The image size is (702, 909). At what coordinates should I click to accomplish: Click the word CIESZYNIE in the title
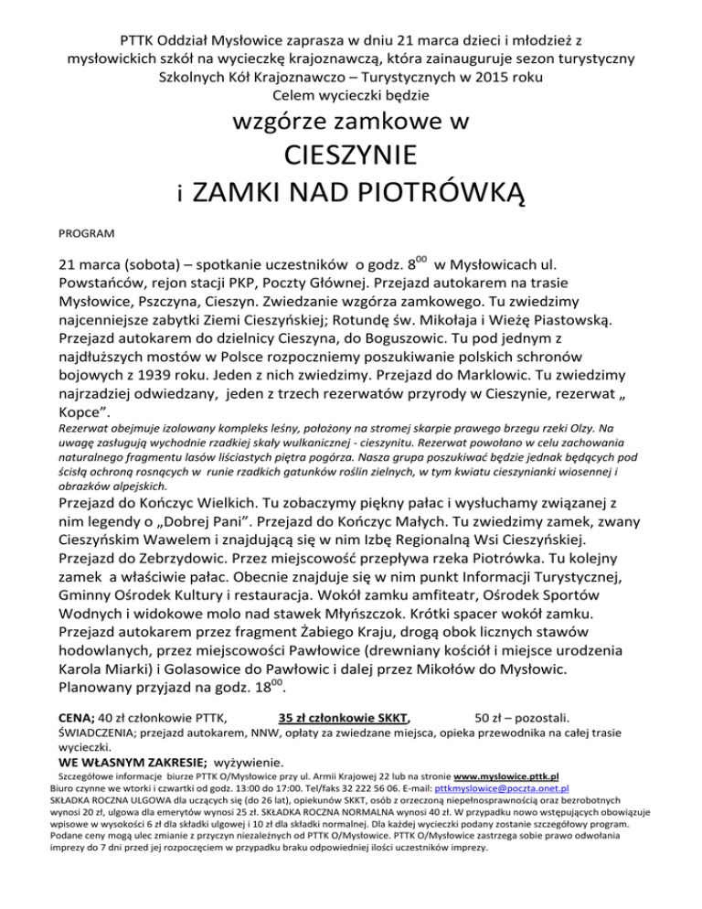click(351, 154)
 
